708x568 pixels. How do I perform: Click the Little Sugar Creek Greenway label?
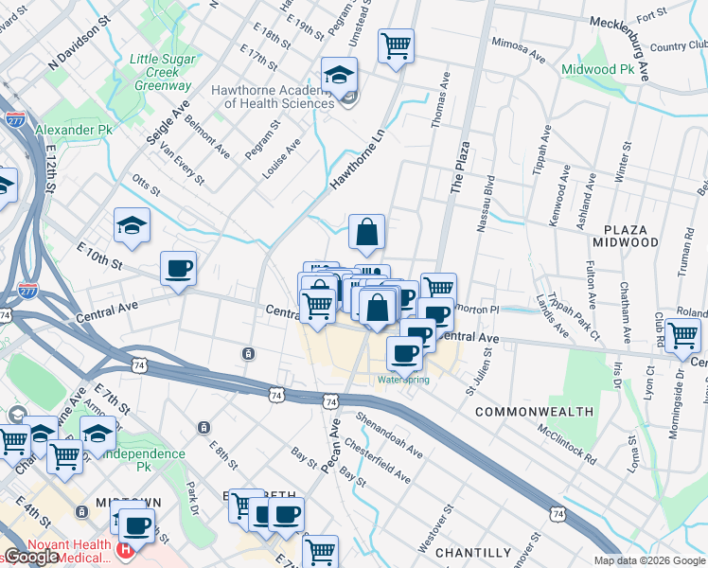coord(161,72)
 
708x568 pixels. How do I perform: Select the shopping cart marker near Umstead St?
coord(396,44)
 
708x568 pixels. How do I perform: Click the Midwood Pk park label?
coord(596,69)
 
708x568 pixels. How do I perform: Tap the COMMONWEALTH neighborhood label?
coord(535,412)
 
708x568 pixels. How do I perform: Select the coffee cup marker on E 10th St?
coord(178,269)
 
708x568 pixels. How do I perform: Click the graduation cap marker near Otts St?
coord(133,225)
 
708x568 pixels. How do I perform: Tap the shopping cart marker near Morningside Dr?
coord(682,334)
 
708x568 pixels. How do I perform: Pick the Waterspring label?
coord(403,380)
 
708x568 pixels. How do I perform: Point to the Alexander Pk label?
coord(73,129)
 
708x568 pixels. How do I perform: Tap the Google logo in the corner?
coord(31,557)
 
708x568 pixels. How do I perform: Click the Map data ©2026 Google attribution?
coord(649,560)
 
